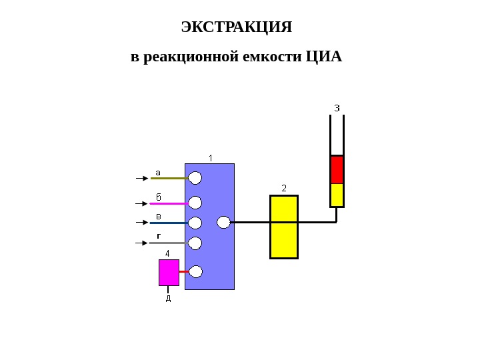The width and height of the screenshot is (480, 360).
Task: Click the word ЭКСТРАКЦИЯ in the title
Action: pyautogui.click(x=237, y=27)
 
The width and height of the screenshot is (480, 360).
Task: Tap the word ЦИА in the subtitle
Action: pyautogui.click(x=323, y=57)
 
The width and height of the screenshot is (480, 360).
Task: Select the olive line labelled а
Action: pyautogui.click(x=168, y=179)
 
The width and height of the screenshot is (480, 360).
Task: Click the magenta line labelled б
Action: pyautogui.click(x=168, y=203)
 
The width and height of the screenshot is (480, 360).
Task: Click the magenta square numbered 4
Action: pyautogui.click(x=169, y=272)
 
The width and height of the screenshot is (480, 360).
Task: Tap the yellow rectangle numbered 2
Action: pyautogui.click(x=284, y=227)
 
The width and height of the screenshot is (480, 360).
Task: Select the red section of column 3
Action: pyautogui.click(x=337, y=169)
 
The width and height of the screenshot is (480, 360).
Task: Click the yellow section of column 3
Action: pyautogui.click(x=337, y=195)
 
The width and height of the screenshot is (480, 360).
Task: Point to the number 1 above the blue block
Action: pyautogui.click(x=211, y=158)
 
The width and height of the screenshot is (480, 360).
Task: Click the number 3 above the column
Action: pyautogui.click(x=337, y=107)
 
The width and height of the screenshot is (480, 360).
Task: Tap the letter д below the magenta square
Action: pyautogui.click(x=168, y=298)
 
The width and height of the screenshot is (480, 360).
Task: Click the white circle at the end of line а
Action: pyautogui.click(x=195, y=178)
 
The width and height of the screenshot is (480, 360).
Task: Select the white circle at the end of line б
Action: pyautogui.click(x=195, y=203)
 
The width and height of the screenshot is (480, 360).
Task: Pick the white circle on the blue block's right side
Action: pyautogui.click(x=224, y=222)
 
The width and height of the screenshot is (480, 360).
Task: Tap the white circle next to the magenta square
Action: pyautogui.click(x=196, y=271)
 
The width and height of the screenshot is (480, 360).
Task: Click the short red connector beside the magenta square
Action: pyautogui.click(x=183, y=271)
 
